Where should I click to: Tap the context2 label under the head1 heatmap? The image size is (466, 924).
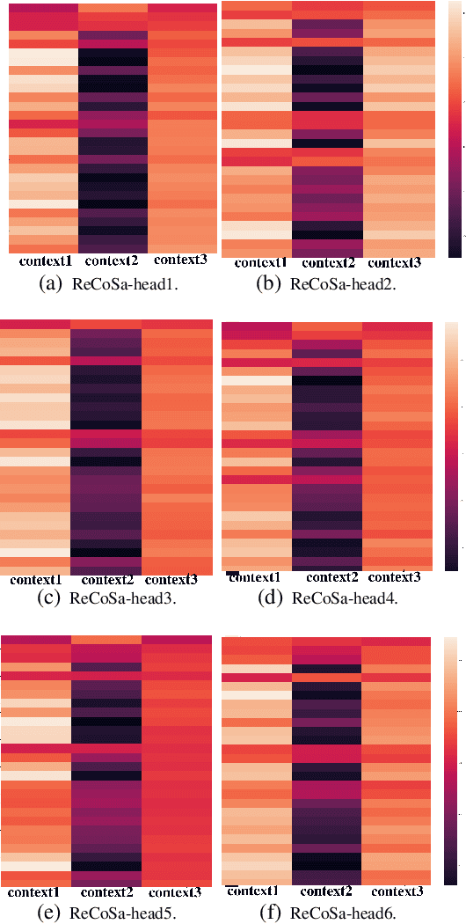(112, 260)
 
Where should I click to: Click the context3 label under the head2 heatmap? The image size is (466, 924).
(395, 263)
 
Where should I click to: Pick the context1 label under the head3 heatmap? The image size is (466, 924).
(35, 580)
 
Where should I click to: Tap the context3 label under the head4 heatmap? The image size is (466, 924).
(395, 577)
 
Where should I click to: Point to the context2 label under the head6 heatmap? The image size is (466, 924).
(325, 891)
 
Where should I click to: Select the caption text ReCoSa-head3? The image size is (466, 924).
(123, 599)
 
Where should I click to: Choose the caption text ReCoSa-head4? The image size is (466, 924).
(345, 599)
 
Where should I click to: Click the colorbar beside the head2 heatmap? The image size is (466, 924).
(455, 129)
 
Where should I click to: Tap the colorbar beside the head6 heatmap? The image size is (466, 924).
(452, 761)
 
